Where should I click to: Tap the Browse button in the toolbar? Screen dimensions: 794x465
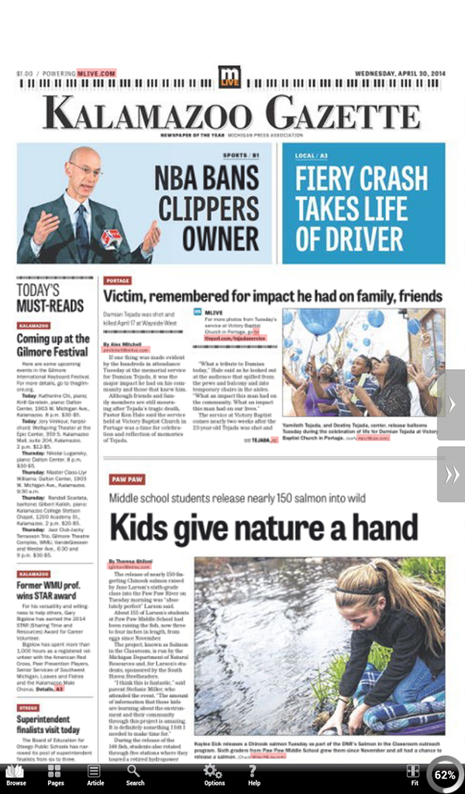point(15,775)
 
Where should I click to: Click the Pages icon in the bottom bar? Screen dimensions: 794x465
point(55,775)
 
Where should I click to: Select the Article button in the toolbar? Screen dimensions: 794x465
point(95,775)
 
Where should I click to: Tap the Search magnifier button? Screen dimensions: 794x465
point(135,775)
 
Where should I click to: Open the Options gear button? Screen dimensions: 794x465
point(214,775)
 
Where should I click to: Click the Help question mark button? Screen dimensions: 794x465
point(253,775)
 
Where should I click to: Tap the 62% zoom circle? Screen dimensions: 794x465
point(444,774)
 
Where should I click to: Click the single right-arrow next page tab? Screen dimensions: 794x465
point(452,406)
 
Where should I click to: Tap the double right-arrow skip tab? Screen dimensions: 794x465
point(452,474)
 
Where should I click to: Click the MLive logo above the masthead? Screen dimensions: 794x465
point(229,77)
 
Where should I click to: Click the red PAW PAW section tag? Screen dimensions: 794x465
point(126,479)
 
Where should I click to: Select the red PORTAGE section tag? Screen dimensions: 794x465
point(118,281)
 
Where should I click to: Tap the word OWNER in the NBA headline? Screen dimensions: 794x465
point(210,239)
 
